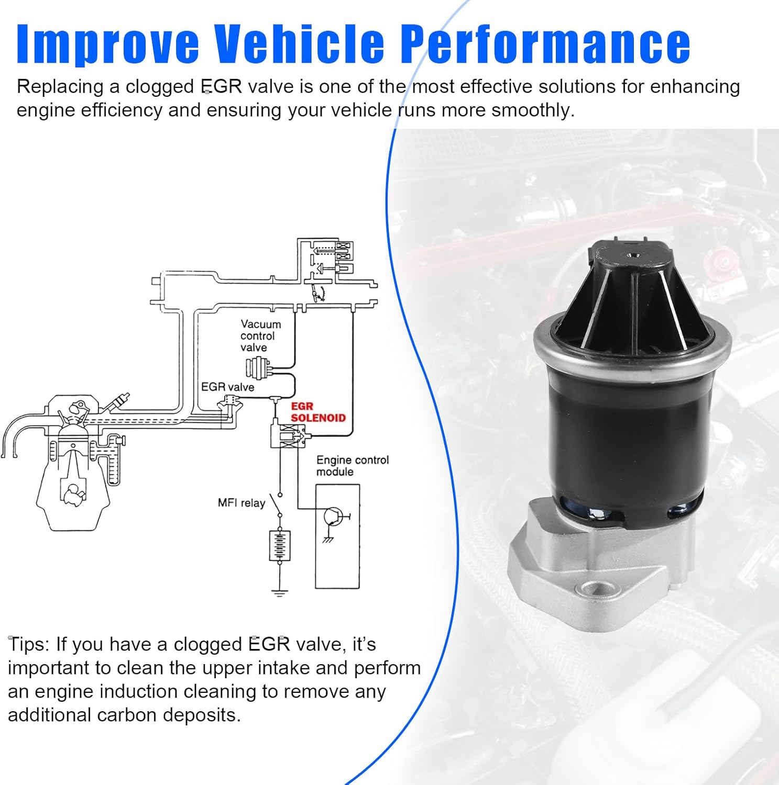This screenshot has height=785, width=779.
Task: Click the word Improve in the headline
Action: pyautogui.click(x=107, y=44)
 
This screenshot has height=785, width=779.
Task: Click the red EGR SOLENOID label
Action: pyautogui.click(x=317, y=412)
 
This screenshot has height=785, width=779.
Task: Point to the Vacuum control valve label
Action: pyautogui.click(x=260, y=335)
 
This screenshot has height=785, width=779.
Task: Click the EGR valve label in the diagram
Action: pyautogui.click(x=227, y=387)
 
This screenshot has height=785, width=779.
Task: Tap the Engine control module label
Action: pyautogui.click(x=352, y=465)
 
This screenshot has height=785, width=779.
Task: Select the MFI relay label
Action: pyautogui.click(x=241, y=503)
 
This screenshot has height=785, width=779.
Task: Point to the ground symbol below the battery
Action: pyautogui.click(x=279, y=592)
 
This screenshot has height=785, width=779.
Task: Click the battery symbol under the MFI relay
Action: pyautogui.click(x=279, y=545)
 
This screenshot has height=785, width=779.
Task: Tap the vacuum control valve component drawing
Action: pyautogui.click(x=258, y=367)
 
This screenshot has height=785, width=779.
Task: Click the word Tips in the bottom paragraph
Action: pyautogui.click(x=28, y=644)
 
